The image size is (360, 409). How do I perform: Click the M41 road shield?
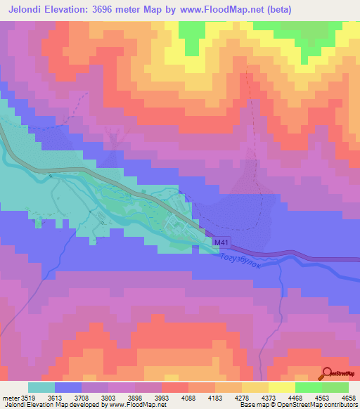tap(221, 243)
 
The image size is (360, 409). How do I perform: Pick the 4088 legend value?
tap(188, 397)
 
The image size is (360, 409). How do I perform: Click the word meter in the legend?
tap(10, 397)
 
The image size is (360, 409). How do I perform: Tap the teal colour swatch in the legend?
tap(41, 387)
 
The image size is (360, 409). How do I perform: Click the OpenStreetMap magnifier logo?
tap(328, 373)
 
